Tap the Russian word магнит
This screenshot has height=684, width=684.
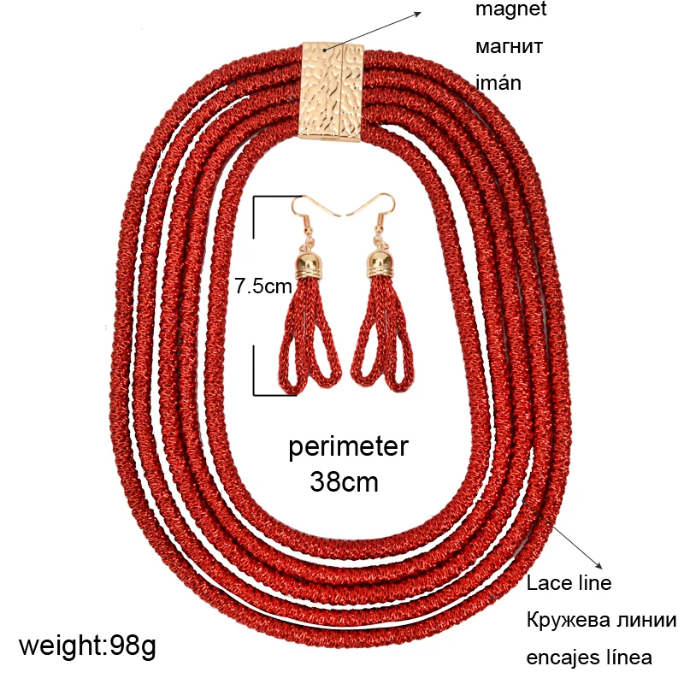[x=510, y=47]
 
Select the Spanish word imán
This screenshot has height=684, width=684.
[x=498, y=83]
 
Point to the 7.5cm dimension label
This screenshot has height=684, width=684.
[x=264, y=286]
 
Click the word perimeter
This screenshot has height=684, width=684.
[x=348, y=446]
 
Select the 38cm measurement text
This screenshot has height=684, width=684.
[x=344, y=482]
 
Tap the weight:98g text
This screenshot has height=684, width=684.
[x=87, y=645]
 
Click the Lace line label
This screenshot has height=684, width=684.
[x=569, y=584]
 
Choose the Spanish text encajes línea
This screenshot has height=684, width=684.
[x=589, y=657]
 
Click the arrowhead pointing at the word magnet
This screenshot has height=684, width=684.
[x=420, y=12]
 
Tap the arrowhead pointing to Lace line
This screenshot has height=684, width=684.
[x=602, y=565]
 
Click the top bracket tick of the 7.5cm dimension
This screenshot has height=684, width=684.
[x=278, y=196]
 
